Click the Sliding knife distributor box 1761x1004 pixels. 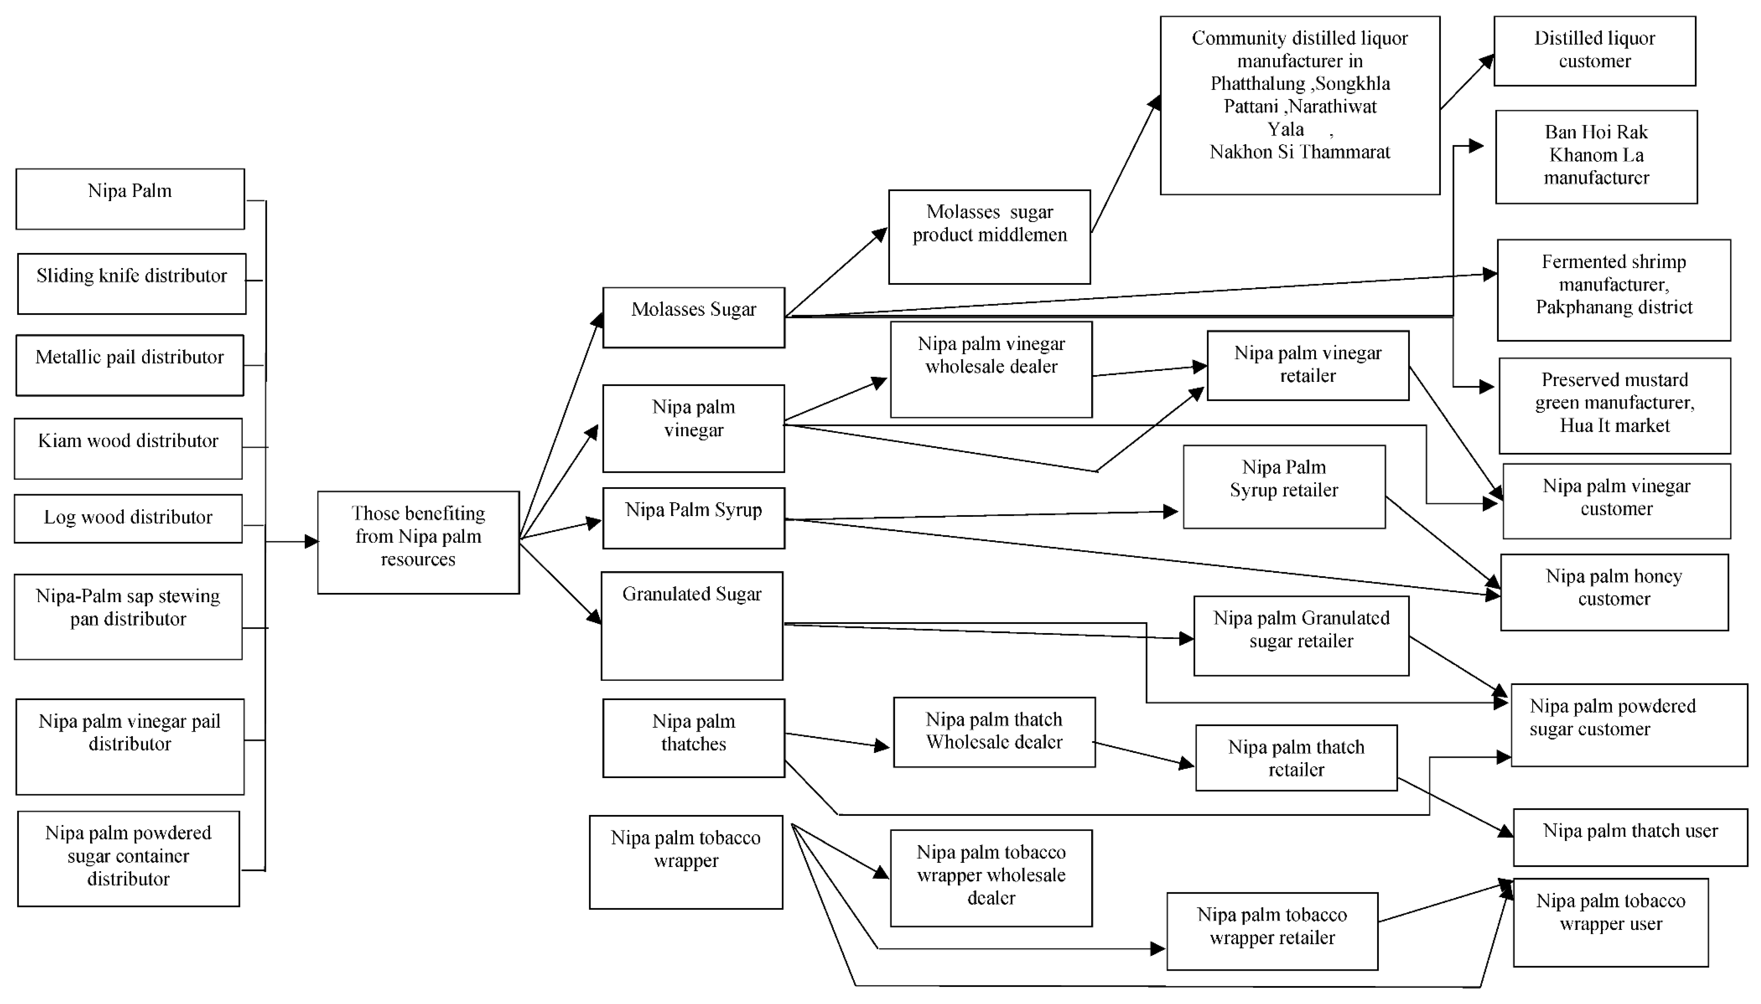point(131,283)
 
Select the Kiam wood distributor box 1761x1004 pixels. point(128,448)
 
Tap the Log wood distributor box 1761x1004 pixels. point(128,518)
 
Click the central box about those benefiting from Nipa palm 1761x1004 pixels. point(418,542)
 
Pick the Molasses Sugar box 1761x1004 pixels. point(693,317)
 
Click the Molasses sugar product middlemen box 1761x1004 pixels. point(989,236)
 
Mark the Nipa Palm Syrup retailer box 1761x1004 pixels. point(1284,486)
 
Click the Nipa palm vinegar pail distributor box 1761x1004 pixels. point(130,746)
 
